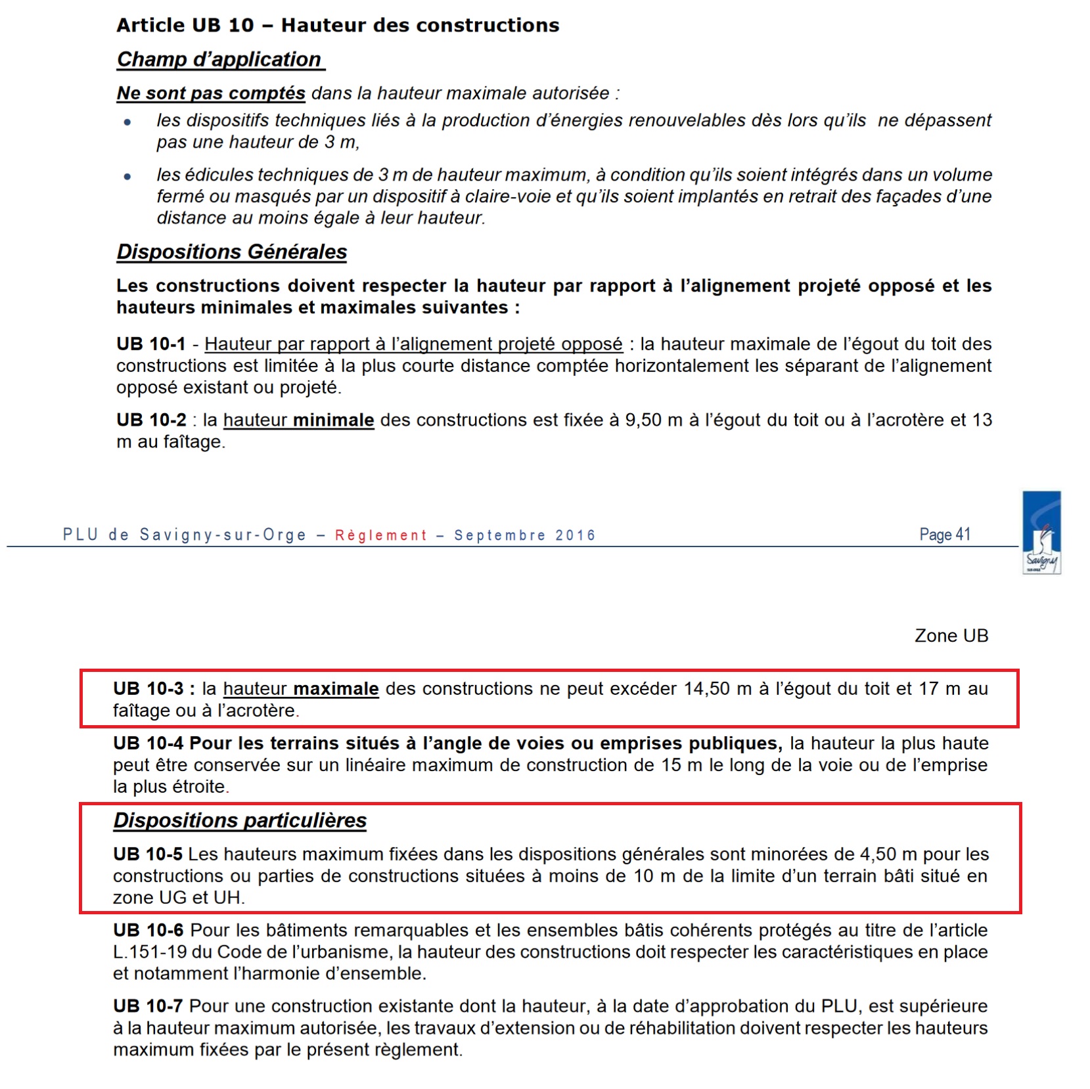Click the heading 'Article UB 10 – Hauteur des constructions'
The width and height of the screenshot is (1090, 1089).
click(338, 25)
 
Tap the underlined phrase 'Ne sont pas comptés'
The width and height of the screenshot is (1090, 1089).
click(211, 93)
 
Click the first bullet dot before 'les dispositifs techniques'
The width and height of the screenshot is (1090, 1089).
click(127, 122)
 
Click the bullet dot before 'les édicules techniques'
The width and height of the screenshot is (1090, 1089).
click(127, 176)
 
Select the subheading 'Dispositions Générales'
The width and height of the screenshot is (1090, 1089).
click(231, 252)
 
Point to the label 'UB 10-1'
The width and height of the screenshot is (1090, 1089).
click(150, 344)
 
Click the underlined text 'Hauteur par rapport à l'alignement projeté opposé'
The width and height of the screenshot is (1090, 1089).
click(413, 344)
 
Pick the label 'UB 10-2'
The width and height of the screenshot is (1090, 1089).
click(150, 420)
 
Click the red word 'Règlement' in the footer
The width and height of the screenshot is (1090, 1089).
click(381, 535)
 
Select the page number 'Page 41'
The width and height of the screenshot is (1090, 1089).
click(944, 535)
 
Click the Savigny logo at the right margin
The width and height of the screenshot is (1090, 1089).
click(1042, 533)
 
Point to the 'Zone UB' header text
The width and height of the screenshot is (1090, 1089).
click(951, 635)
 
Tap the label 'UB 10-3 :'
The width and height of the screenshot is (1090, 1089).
click(154, 688)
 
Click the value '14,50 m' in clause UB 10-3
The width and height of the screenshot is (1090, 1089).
click(717, 688)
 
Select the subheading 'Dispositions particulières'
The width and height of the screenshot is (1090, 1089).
click(240, 820)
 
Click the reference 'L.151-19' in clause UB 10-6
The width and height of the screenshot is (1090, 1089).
click(150, 952)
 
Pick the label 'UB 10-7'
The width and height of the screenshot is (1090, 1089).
click(147, 1006)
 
